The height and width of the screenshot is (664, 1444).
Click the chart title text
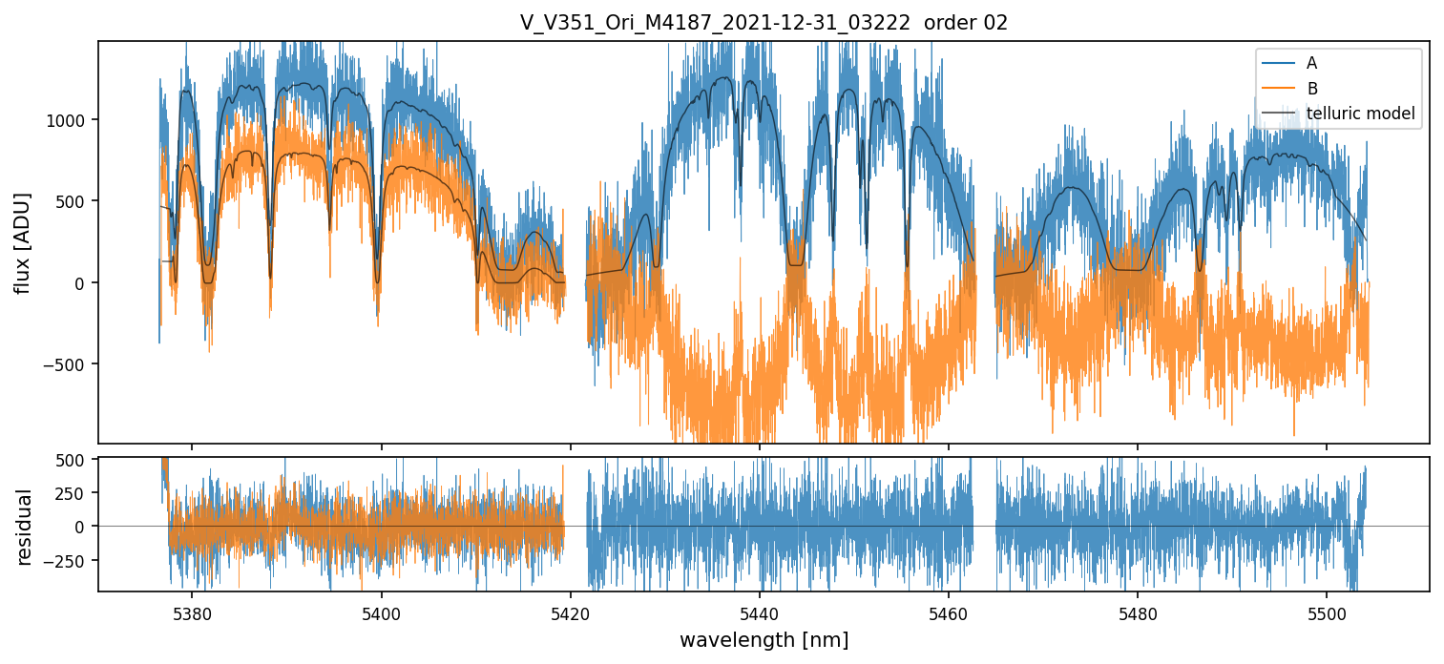pyautogui.click(x=764, y=23)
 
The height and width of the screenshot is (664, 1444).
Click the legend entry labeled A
pyautogui.click(x=1311, y=63)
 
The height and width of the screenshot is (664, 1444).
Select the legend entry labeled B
pyautogui.click(x=1311, y=89)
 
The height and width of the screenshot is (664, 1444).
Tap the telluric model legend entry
pyautogui.click(x=1360, y=114)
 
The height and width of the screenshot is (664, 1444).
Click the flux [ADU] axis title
pyautogui.click(x=22, y=242)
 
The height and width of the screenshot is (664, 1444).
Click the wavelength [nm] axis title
pyautogui.click(x=764, y=639)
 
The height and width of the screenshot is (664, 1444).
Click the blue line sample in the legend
pyautogui.click(x=1278, y=63)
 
